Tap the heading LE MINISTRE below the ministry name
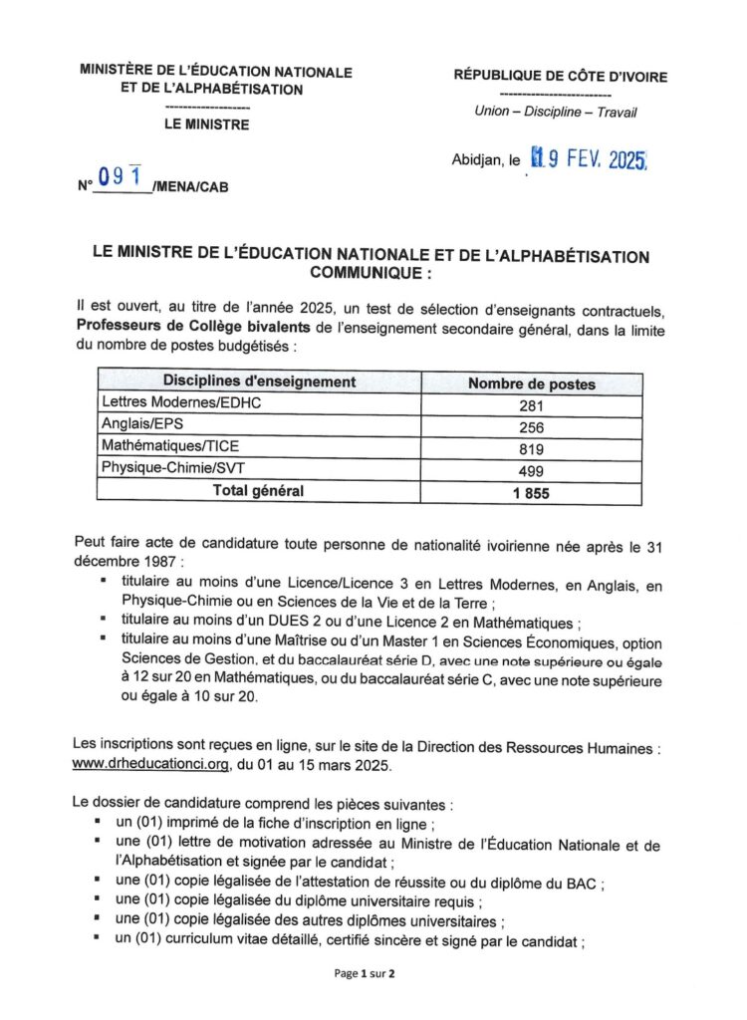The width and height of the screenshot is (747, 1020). (207, 126)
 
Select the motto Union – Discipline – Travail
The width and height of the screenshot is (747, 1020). (556, 112)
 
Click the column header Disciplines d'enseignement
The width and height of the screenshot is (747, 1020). (259, 382)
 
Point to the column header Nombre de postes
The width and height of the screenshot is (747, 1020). (532, 383)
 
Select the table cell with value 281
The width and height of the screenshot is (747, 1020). (532, 405)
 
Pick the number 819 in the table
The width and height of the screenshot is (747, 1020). (532, 448)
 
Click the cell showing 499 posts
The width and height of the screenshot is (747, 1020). (532, 470)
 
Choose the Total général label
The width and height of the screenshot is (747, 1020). (258, 490)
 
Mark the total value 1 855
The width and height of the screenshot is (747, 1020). (532, 493)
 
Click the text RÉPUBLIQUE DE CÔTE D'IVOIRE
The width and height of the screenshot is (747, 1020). (561, 77)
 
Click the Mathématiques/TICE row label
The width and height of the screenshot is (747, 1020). (157, 447)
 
